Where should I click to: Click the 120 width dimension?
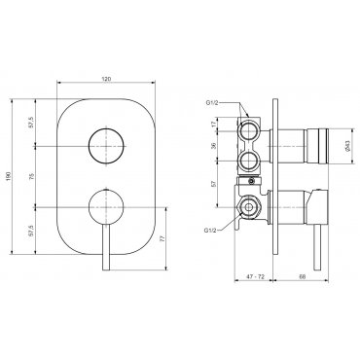pyautogui.click(x=107, y=79)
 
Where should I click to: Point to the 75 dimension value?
pyautogui.click(x=32, y=176)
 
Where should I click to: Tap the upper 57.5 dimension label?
pyautogui.click(x=32, y=123)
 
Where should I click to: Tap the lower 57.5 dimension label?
pyautogui.click(x=32, y=230)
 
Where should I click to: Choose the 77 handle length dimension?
pyautogui.click(x=163, y=238)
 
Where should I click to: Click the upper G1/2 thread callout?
pyautogui.click(x=213, y=103)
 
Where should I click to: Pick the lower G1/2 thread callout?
pyautogui.click(x=211, y=231)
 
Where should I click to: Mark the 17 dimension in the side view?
pyautogui.click(x=213, y=124)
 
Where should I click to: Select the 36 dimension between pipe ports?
pyautogui.click(x=213, y=146)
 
